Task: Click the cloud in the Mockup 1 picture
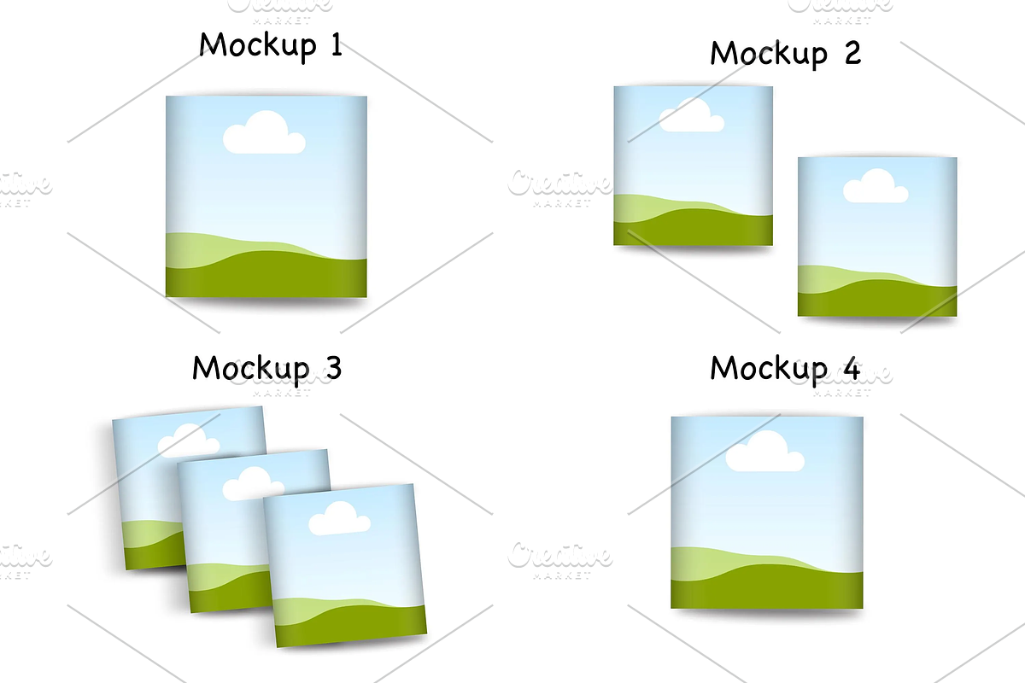(264, 132)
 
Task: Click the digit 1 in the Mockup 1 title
(337, 46)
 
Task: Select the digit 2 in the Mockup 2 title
(853, 53)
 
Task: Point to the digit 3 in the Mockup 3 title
(334, 368)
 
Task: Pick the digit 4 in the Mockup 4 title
(851, 368)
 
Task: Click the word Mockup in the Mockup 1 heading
(258, 46)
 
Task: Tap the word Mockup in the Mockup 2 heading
(769, 54)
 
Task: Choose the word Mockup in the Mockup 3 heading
(251, 370)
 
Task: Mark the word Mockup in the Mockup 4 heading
(769, 370)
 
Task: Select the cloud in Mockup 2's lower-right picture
(876, 186)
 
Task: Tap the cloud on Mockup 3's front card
(340, 518)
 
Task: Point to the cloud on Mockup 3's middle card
(253, 483)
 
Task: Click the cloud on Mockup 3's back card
(188, 441)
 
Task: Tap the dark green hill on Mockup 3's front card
(351, 625)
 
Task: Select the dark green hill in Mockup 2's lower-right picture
(877, 298)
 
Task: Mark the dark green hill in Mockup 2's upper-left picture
(694, 227)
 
